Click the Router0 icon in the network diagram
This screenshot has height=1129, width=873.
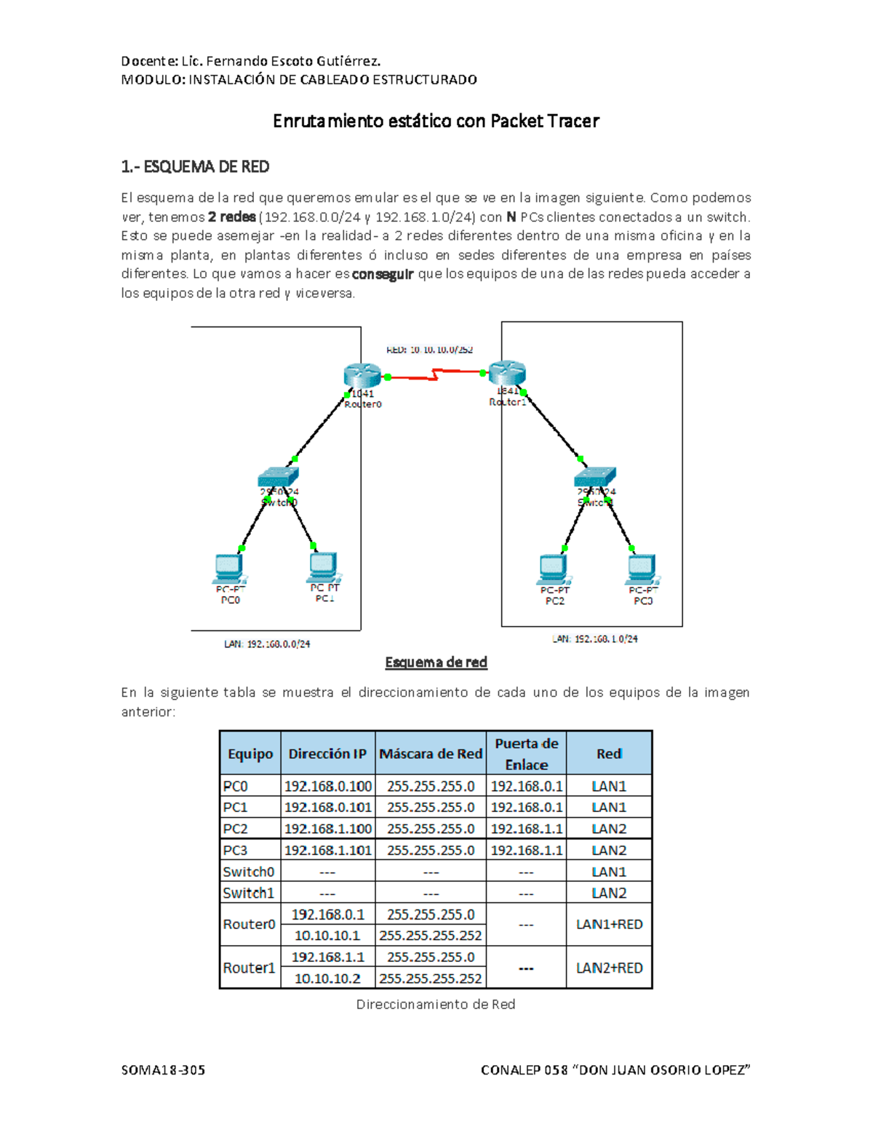[x=362, y=376]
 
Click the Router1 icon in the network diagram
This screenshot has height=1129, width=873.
[x=507, y=372]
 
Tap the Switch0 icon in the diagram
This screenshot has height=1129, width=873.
[x=278, y=477]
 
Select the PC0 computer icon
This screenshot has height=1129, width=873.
[x=230, y=568]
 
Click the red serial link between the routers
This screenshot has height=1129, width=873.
[x=435, y=375]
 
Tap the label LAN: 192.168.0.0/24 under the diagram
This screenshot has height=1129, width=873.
[x=267, y=644]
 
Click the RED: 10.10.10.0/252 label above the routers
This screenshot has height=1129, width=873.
[x=429, y=350]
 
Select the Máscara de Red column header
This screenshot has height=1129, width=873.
[x=431, y=754]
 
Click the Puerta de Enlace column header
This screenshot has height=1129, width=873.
[x=526, y=754]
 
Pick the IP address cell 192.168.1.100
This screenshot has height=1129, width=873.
[x=328, y=829]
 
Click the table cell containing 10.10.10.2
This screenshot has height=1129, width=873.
[x=327, y=979]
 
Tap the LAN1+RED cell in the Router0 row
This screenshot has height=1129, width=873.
[x=609, y=925]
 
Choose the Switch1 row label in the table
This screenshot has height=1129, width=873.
[x=249, y=893]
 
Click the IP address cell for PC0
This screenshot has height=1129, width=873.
[x=328, y=786]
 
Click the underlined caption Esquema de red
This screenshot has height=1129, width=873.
[x=436, y=662]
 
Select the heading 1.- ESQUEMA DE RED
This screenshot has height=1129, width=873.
[x=195, y=167]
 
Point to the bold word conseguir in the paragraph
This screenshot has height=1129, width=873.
[x=383, y=274]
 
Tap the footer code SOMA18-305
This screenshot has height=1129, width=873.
[x=163, y=1070]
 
